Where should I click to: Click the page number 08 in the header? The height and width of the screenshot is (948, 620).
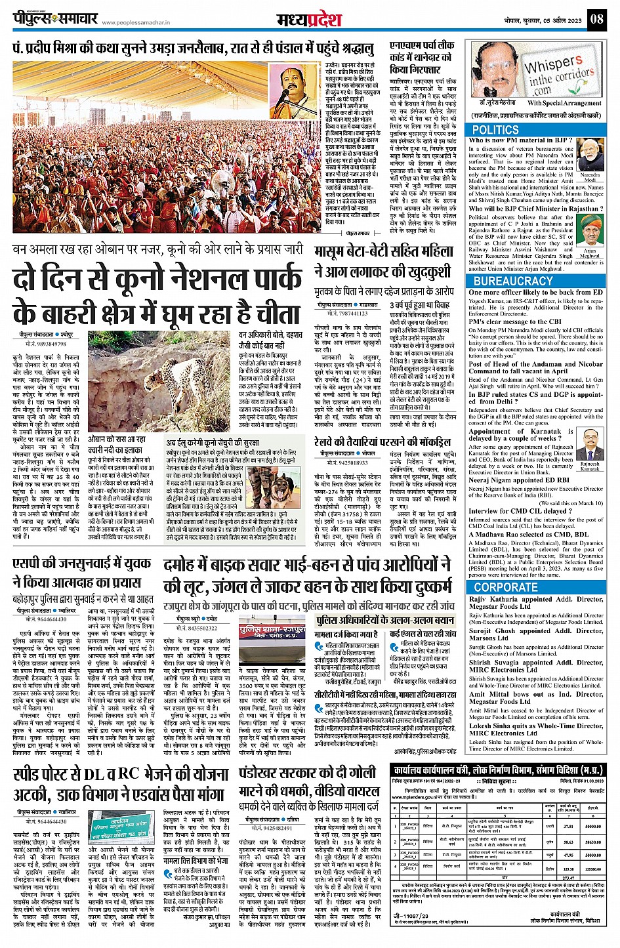(x=596, y=18)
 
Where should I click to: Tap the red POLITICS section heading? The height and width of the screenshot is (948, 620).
(x=495, y=130)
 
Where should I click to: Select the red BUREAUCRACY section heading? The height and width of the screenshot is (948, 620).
(x=512, y=281)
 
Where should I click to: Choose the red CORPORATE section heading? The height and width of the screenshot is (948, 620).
(x=505, y=587)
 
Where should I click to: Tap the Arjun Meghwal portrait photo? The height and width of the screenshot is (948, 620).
(x=590, y=235)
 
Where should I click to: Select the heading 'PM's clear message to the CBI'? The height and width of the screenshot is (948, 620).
(x=515, y=322)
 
